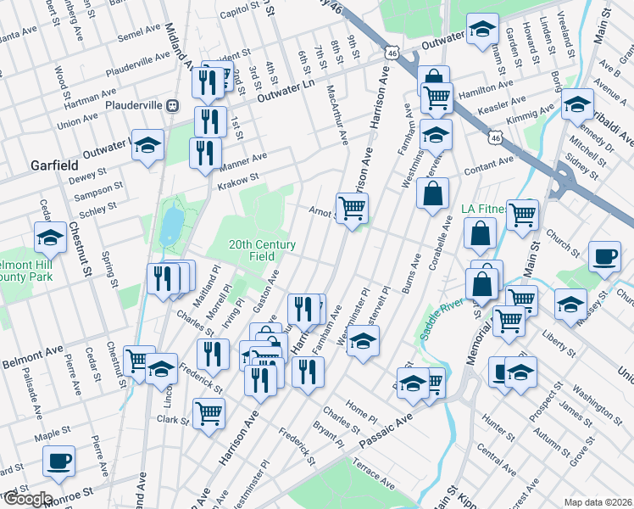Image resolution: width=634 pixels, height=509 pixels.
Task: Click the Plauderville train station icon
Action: pyautogui.click(x=172, y=106)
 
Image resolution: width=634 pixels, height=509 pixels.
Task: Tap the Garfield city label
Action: pyautogui.click(x=55, y=164)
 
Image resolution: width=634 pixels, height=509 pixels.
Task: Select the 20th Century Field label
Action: pyautogui.click(x=263, y=250)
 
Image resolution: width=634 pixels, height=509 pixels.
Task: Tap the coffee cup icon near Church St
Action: pyautogui.click(x=604, y=257)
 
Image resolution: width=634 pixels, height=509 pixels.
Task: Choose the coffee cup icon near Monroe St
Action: pyautogui.click(x=59, y=461)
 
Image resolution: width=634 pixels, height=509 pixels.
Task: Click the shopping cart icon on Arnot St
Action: pyautogui.click(x=352, y=206)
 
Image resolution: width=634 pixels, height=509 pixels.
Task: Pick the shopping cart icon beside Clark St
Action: pyautogui.click(x=209, y=414)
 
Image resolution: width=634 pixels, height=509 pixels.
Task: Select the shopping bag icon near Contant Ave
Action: pyautogui.click(x=432, y=193)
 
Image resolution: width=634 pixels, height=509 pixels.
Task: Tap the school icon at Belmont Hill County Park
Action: pyautogui.click(x=51, y=238)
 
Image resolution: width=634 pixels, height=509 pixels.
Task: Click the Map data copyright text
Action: pyautogui.click(x=598, y=502)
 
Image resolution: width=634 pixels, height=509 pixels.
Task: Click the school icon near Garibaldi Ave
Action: pyautogui.click(x=578, y=105)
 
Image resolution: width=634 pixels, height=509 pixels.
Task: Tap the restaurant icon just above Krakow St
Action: pyautogui.click(x=204, y=153)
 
